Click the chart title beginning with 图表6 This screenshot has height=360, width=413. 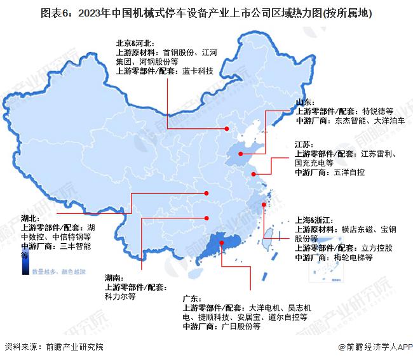click(x=207, y=12)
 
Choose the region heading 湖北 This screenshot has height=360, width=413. click(x=30, y=218)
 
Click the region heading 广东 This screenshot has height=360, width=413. click(x=191, y=298)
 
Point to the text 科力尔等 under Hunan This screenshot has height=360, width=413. click(x=119, y=296)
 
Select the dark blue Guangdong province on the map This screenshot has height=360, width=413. click(x=213, y=244)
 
